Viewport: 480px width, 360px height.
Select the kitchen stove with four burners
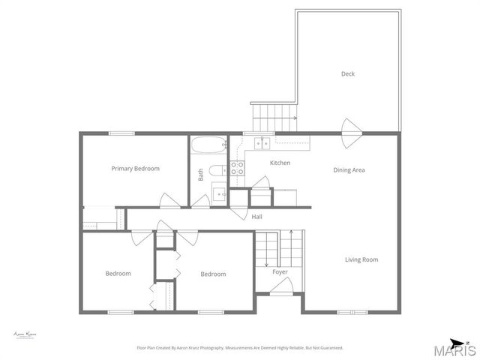pos(238,168)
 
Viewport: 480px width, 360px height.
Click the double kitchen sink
pos(262,142)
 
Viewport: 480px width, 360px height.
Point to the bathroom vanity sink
pos(219,193)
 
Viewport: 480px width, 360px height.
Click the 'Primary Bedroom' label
pos(135,169)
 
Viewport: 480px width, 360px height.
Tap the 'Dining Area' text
pos(349,170)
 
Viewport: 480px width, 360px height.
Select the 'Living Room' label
pos(361,260)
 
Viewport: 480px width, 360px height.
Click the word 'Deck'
pos(347,73)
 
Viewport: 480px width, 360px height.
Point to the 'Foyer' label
pos(280,272)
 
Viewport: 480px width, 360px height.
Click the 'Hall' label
pos(256,217)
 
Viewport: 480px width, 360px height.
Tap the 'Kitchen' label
pos(280,163)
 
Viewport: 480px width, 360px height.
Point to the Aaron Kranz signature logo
pos(25,334)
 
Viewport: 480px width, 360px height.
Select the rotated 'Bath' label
pos(201,175)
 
